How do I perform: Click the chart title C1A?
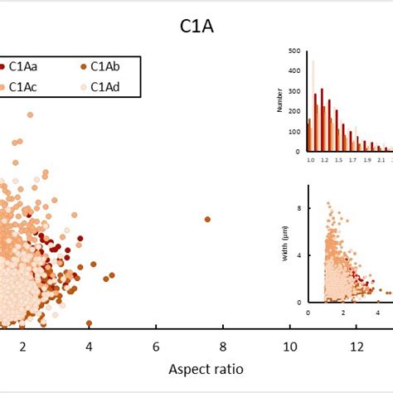[x=196, y=27]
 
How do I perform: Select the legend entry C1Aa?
[x=25, y=66]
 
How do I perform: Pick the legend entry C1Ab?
[x=106, y=66]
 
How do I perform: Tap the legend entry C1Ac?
[x=25, y=86]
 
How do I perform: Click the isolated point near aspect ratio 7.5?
[x=207, y=219]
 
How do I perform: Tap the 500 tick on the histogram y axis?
[x=295, y=51]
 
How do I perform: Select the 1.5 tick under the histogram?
[x=339, y=158]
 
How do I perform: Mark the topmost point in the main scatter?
[x=30, y=115]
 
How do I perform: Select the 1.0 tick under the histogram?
[x=311, y=158]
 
